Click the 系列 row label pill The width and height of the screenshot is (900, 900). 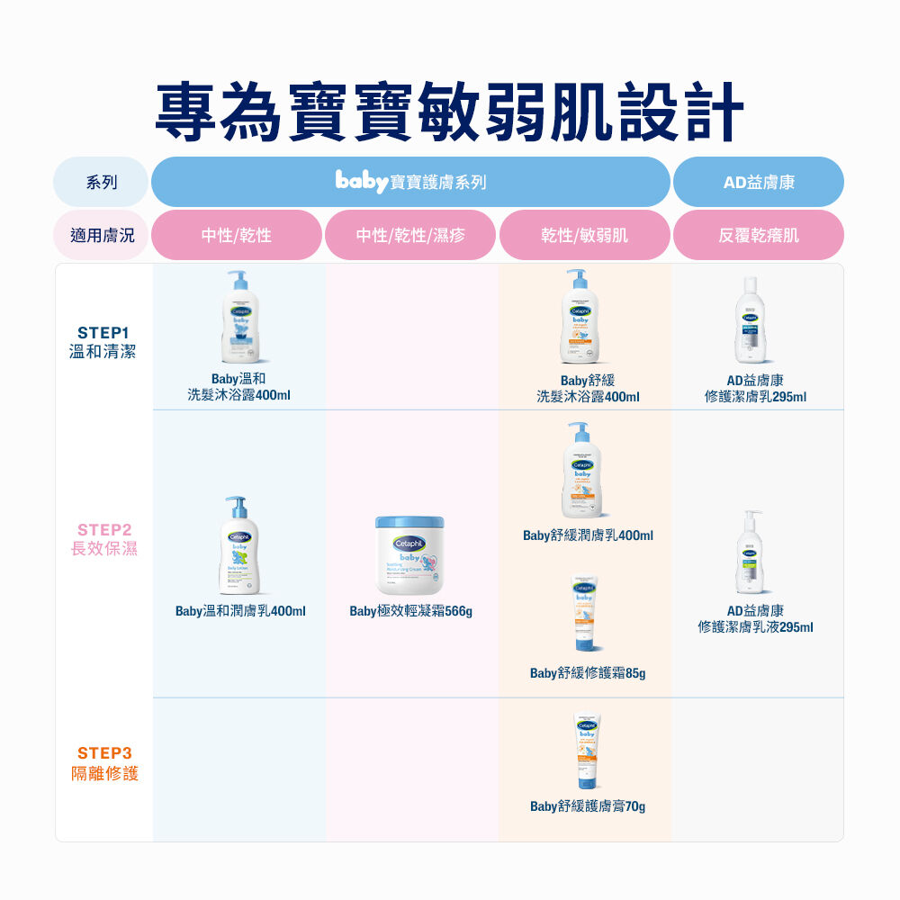102,183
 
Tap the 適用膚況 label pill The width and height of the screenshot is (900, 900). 102,236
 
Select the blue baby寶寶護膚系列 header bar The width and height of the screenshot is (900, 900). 410,183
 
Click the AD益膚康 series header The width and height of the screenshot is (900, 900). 758,183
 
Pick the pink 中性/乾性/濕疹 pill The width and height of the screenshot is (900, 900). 410,236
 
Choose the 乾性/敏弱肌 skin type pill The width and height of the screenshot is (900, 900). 584,236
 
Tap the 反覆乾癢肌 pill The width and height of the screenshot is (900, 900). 758,236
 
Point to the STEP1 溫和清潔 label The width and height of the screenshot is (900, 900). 103,343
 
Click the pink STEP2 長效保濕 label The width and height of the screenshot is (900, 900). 104,539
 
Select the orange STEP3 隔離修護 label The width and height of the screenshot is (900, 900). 105,763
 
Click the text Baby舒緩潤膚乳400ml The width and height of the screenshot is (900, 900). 588,536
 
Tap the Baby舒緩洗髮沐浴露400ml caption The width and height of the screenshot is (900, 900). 588,389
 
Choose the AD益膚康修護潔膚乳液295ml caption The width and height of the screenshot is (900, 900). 756,618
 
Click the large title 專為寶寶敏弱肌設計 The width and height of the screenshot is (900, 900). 449,112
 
